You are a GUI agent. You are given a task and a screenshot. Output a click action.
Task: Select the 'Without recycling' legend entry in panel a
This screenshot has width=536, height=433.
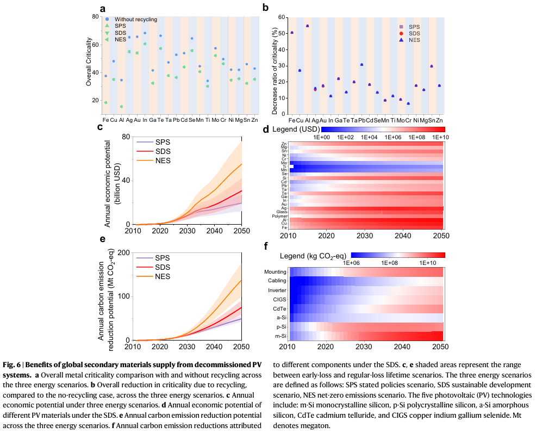click(135, 20)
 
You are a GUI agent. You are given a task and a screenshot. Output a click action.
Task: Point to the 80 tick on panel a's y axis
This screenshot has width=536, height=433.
click(96, 17)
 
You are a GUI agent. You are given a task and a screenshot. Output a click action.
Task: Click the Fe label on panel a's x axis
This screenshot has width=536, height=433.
click(105, 119)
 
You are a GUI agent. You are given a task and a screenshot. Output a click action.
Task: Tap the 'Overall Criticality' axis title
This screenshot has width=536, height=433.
click(89, 65)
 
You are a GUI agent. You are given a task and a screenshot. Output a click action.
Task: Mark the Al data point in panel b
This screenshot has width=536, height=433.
click(307, 26)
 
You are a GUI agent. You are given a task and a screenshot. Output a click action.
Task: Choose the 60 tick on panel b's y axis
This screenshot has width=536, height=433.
click(282, 17)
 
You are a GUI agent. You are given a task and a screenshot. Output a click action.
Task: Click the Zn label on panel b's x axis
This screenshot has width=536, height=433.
click(439, 119)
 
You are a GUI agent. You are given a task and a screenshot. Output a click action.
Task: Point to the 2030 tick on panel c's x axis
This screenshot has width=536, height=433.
click(185, 231)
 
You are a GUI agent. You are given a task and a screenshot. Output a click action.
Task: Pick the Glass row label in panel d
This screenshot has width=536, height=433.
click(283, 212)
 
